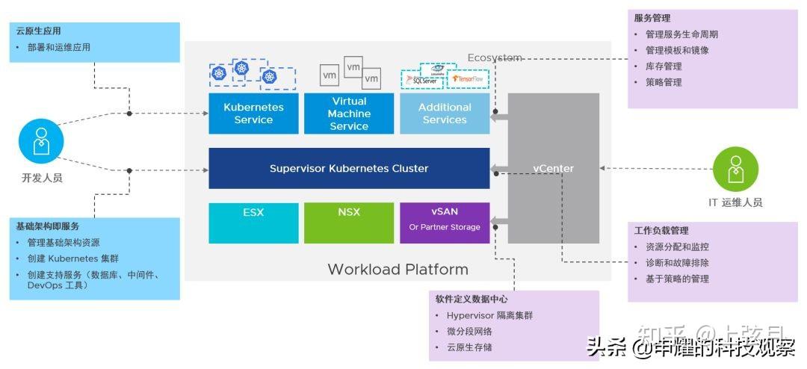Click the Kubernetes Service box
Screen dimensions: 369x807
[253, 114]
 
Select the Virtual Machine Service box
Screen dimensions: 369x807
[349, 114]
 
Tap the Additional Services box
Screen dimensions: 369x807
[445, 114]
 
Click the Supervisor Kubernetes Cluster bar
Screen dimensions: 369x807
[349, 168]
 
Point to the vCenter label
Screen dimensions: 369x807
[553, 168]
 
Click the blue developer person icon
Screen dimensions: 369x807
[42, 142]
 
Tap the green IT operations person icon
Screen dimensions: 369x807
[735, 169]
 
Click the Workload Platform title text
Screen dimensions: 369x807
[398, 270]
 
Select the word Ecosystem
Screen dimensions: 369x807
[495, 58]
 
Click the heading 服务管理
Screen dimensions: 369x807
[652, 18]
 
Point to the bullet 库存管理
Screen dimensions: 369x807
[664, 66]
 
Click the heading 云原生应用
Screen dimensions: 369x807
[39, 31]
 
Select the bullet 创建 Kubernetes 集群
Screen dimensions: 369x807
[73, 258]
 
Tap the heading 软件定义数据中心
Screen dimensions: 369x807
[471, 300]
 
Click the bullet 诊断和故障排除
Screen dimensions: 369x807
[677, 263]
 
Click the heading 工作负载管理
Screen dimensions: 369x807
[661, 231]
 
